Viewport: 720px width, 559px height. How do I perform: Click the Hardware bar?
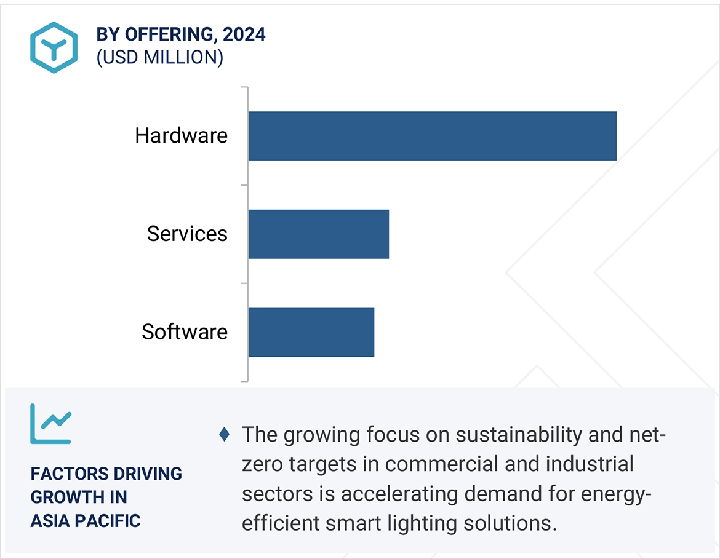(432, 136)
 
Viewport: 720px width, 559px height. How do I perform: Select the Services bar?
(318, 234)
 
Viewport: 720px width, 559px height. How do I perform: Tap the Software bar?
(311, 332)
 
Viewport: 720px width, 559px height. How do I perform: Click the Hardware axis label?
(181, 136)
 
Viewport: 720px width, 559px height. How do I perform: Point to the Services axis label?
(187, 234)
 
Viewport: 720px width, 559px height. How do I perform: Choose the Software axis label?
(185, 332)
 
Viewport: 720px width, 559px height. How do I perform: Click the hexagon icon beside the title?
(54, 47)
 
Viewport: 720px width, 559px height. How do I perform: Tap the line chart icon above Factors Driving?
(50, 424)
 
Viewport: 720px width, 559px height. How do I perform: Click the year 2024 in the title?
(244, 34)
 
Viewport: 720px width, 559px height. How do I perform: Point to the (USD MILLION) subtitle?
(159, 57)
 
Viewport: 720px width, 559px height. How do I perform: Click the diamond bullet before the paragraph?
(225, 435)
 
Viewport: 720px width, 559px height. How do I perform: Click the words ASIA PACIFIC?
(86, 521)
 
